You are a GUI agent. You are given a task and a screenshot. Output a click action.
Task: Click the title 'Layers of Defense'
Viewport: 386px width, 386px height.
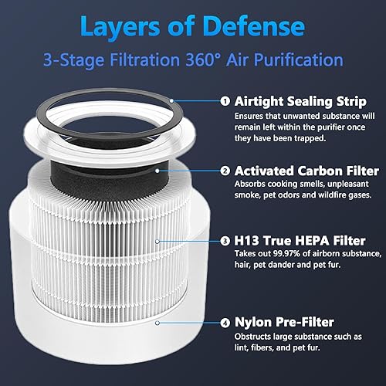[x=193, y=27]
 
